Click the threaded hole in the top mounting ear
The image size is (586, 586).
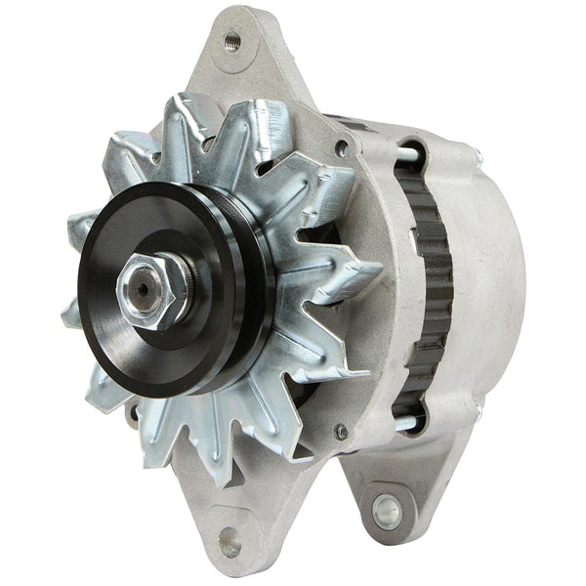pos(232,41)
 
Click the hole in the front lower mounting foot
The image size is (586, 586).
pos(230,540)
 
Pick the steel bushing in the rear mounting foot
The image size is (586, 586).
pos(388,510)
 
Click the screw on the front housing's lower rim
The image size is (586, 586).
pos(341,431)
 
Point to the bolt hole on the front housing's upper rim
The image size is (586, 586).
pos(341,148)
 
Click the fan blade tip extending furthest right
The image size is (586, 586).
pos(376,269)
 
